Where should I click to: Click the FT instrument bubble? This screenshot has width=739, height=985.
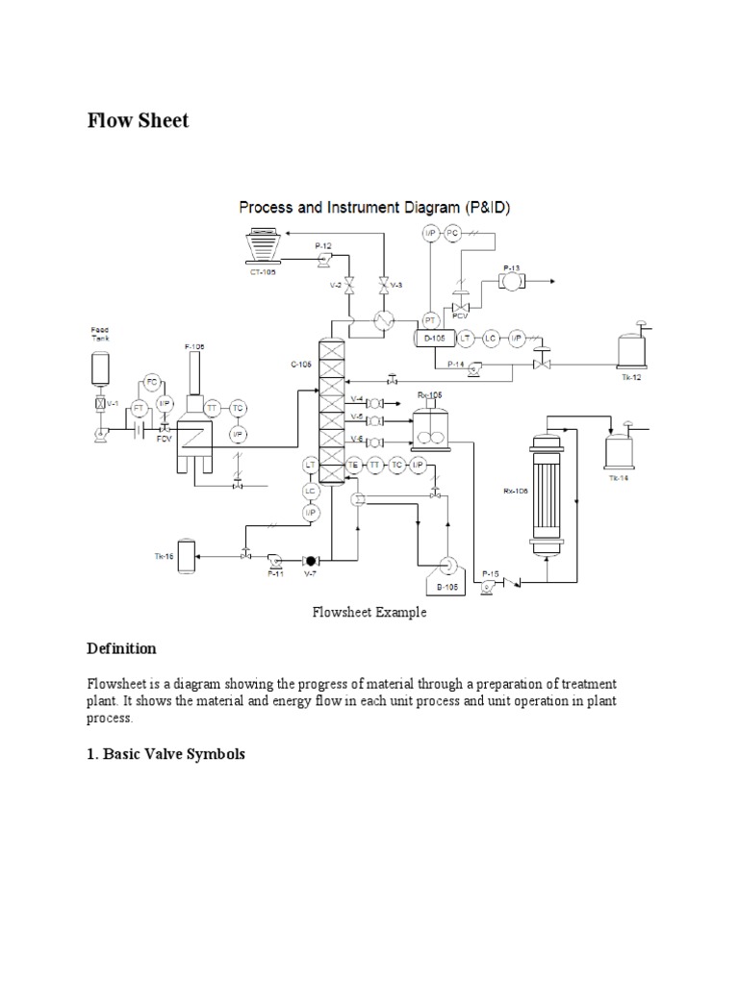(138, 408)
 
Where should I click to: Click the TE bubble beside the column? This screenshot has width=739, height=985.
(354, 465)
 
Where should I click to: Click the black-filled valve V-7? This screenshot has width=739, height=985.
(309, 560)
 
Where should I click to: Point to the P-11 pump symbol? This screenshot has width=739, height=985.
(274, 558)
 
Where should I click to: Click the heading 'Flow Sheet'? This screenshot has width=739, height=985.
(139, 120)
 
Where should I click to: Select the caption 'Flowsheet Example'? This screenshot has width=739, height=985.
(369, 612)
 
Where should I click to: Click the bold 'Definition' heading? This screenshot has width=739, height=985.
(121, 648)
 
